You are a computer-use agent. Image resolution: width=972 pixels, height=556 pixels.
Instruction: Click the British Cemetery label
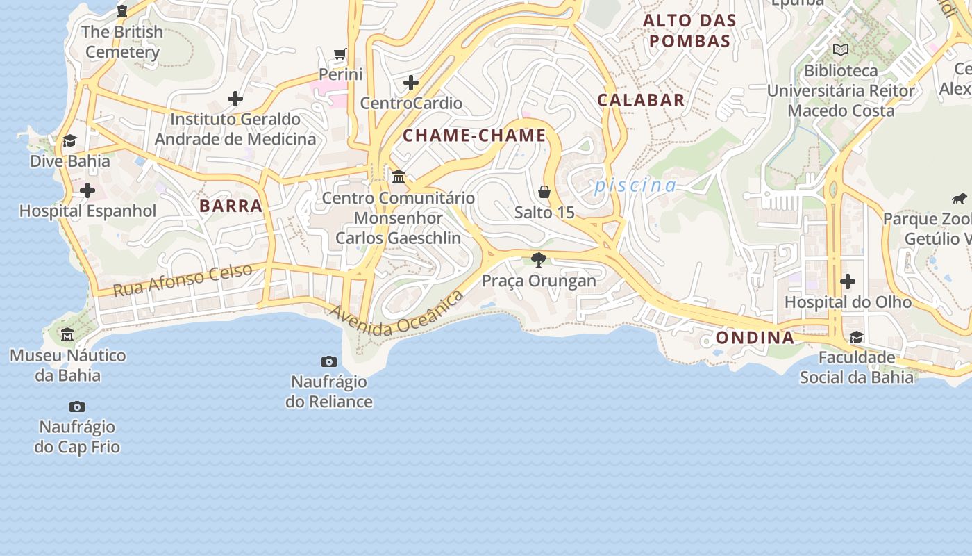point(123,42)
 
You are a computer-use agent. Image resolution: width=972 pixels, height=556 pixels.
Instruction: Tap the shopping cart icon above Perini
point(340,54)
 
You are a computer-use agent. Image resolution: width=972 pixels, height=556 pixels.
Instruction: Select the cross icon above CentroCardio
point(411,83)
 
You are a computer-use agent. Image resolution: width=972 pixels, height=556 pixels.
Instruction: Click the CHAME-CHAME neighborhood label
point(475,136)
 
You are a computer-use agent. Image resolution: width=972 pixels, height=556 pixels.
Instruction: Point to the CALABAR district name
point(641,100)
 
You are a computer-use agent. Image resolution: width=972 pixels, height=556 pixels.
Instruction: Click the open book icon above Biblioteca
point(841,50)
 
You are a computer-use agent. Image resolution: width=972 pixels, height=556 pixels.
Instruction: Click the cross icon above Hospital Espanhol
point(87,190)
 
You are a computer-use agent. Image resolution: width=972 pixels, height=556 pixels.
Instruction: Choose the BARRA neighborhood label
point(231,206)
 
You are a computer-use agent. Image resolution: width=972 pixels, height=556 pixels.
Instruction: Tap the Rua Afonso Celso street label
point(183,280)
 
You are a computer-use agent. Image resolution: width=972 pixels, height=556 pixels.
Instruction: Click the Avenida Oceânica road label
point(397,314)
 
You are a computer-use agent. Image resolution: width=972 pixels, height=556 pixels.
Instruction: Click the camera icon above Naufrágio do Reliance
point(329,361)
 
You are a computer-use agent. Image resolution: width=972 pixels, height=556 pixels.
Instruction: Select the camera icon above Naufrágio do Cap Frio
point(77,407)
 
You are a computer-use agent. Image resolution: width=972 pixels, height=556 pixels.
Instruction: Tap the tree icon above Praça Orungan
point(538,260)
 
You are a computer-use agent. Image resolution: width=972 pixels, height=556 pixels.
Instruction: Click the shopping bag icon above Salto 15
point(544,192)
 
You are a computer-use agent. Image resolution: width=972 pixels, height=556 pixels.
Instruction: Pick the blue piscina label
point(635,186)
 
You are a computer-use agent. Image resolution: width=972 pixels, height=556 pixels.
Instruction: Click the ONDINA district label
point(755,338)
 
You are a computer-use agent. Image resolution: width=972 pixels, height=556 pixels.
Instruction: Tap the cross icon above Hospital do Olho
point(847,281)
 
